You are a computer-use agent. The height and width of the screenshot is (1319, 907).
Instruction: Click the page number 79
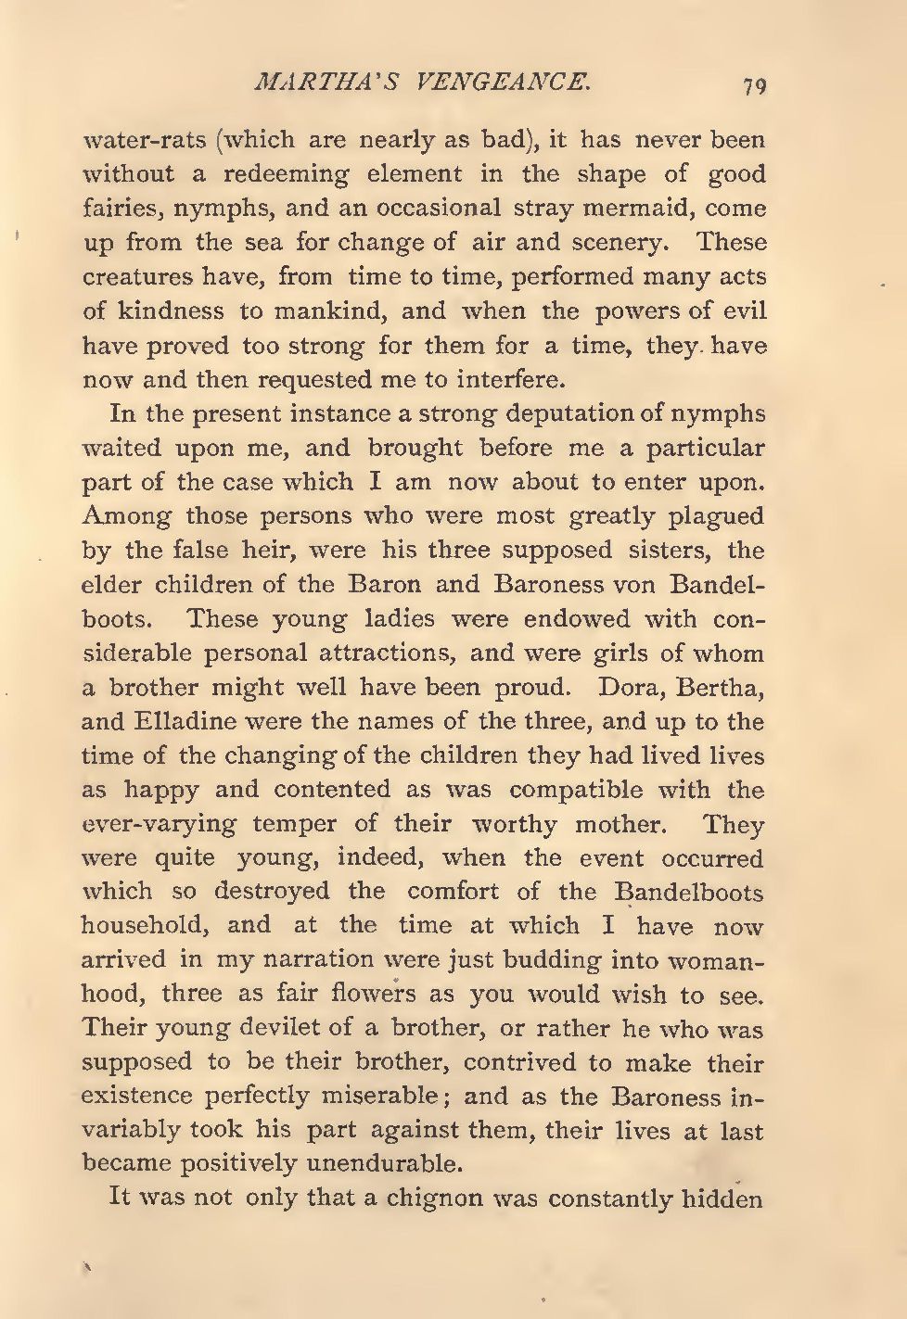[x=753, y=86]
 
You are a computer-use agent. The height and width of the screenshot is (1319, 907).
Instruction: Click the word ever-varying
[x=160, y=825]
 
